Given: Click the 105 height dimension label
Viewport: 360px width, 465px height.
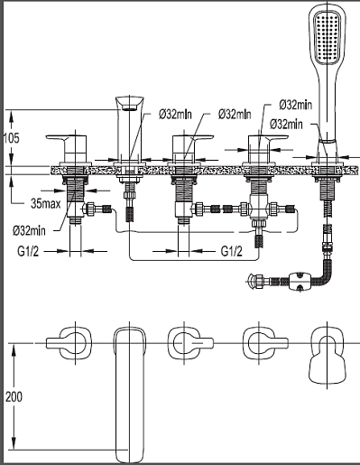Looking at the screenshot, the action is tap(12, 138).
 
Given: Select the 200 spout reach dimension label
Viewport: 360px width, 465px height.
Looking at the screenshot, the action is tap(14, 397).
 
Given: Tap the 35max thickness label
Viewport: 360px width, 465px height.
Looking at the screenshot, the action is tap(46, 204).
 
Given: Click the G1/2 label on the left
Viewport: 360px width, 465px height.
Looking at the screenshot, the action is tap(28, 251).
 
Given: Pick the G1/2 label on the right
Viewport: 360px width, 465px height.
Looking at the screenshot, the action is tap(231, 251).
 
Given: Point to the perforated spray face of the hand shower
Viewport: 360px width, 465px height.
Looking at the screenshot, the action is tap(328, 37).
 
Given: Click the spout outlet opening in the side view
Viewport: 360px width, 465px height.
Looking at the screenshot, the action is tap(129, 107).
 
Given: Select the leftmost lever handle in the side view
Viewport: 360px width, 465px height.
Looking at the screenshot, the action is tap(68, 148).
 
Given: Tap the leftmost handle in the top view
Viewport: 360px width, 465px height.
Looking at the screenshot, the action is tap(69, 343).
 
